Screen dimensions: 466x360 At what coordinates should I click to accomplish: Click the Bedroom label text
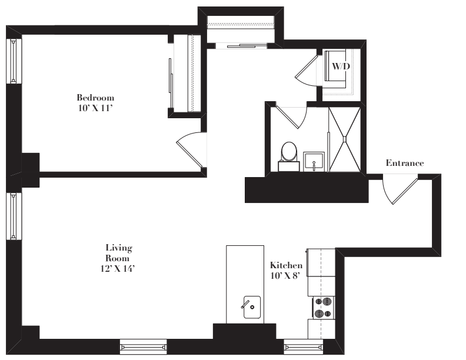tap(95, 98)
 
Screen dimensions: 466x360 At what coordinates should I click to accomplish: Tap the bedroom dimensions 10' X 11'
tap(95, 108)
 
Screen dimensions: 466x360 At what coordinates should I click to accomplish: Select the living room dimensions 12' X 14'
tap(118, 268)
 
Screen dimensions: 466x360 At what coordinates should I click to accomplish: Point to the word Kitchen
tap(286, 265)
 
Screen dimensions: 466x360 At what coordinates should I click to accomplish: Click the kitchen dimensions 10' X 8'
tap(284, 276)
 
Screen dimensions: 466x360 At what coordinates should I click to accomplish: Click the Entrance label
tap(405, 163)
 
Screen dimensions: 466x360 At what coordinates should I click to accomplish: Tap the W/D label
tap(341, 66)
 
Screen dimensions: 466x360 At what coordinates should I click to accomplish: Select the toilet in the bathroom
tap(289, 156)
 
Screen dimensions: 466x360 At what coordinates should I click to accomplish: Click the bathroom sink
tap(314, 162)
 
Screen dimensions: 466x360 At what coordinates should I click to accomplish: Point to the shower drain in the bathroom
tap(345, 139)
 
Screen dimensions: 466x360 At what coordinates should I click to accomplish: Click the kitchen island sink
tap(252, 307)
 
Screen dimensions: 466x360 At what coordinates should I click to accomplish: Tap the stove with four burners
tap(324, 308)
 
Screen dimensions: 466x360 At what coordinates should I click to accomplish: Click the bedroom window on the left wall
tap(14, 61)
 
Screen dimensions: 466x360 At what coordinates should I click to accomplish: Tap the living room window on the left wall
tap(14, 216)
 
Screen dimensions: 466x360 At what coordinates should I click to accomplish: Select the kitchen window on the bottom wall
tap(303, 347)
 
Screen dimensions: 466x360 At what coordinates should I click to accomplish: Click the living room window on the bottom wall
tap(143, 347)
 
